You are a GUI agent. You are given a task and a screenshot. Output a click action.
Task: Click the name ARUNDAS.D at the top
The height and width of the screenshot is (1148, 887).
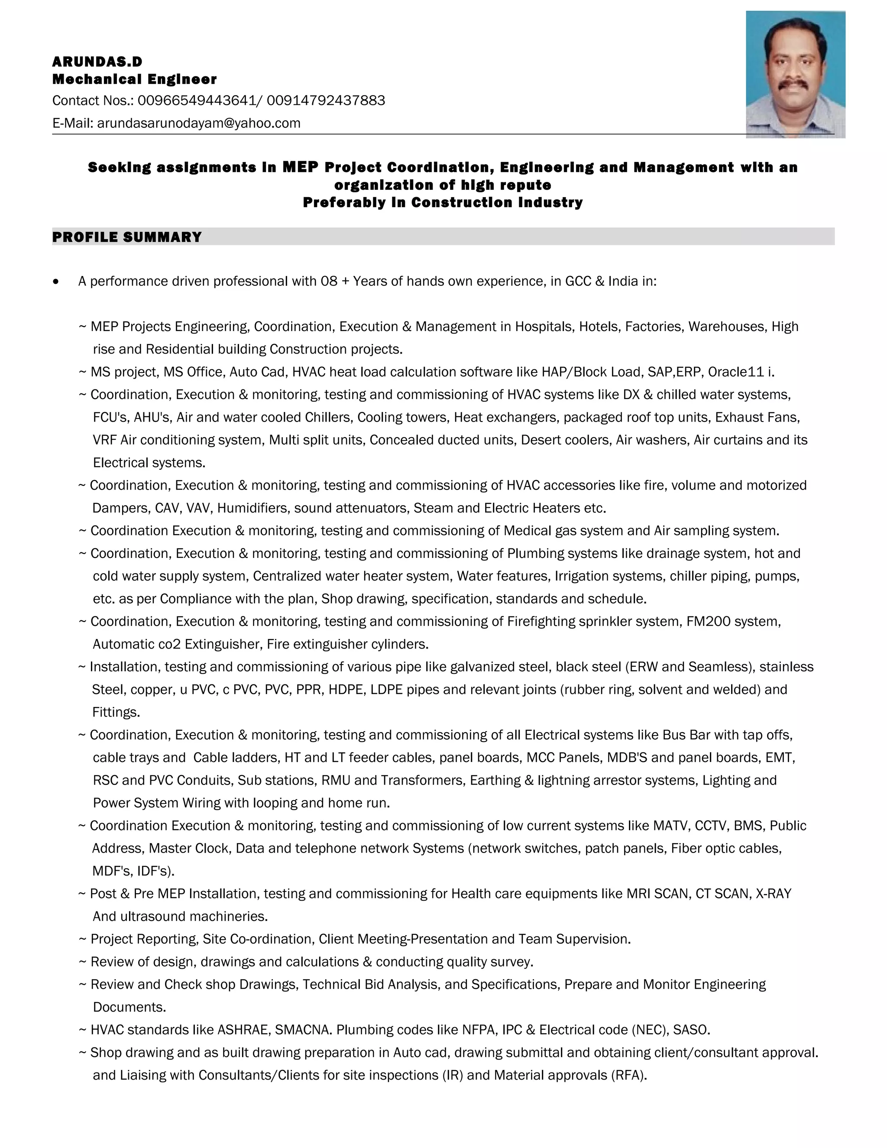pyautogui.click(x=97, y=62)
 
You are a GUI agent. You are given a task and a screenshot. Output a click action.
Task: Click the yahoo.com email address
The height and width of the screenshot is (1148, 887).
pyautogui.click(x=199, y=123)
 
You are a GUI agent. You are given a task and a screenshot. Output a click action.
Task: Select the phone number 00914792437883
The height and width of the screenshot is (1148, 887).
pyautogui.click(x=326, y=101)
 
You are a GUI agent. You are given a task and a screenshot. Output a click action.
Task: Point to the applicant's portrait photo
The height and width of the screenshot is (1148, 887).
pyautogui.click(x=795, y=74)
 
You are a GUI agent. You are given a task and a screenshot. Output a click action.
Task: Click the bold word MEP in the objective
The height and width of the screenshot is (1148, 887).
pyautogui.click(x=301, y=167)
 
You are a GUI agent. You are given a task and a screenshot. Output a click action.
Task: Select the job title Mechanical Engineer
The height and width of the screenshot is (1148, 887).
pyautogui.click(x=135, y=79)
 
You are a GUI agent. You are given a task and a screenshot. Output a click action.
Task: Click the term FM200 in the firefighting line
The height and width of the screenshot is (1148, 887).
pyautogui.click(x=708, y=622)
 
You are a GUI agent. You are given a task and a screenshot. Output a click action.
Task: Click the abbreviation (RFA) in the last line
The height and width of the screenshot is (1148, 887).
pyautogui.click(x=628, y=1075)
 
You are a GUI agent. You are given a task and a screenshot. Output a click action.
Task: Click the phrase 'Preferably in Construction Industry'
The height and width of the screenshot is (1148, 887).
pyautogui.click(x=443, y=202)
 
